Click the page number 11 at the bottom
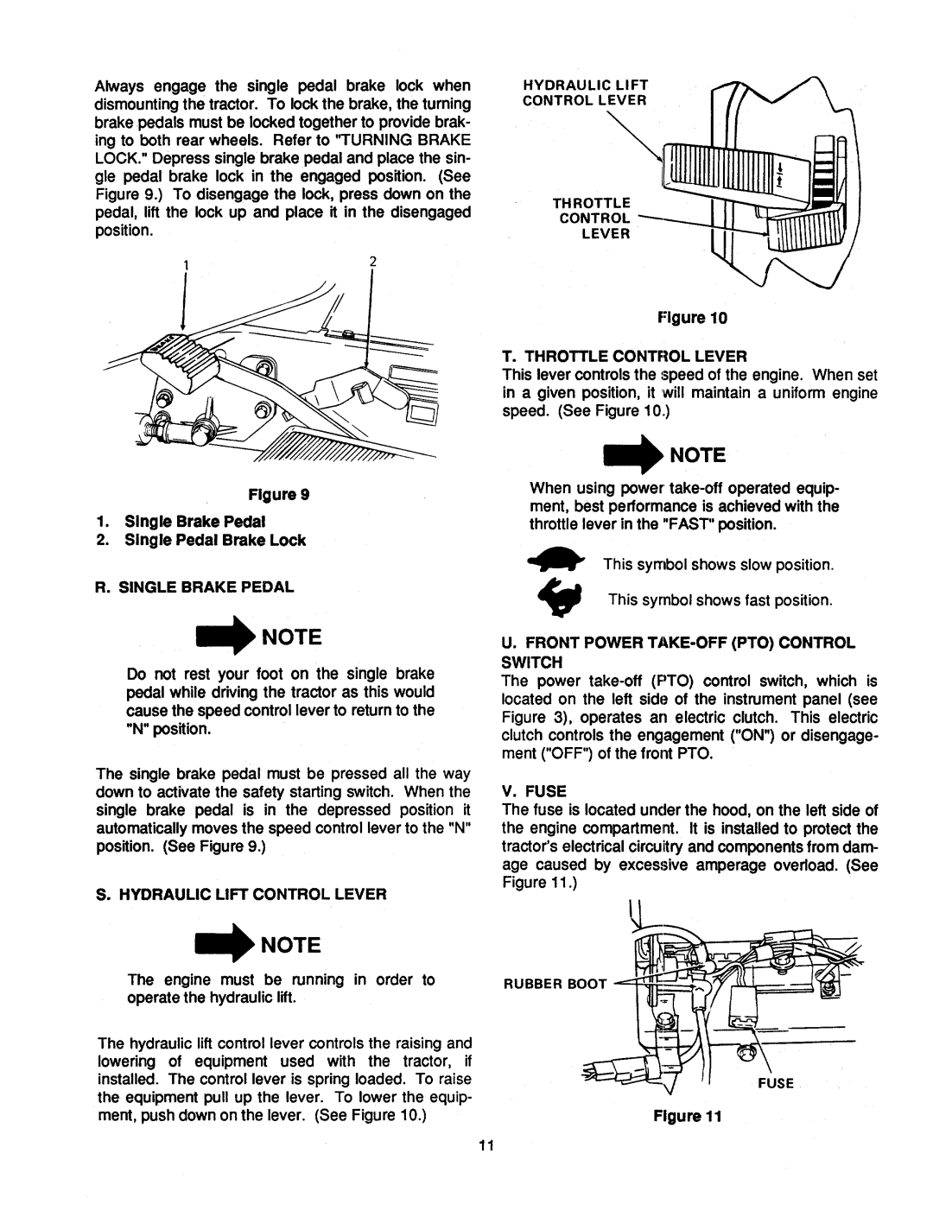pyautogui.click(x=485, y=1146)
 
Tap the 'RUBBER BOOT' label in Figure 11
pyautogui.click(x=559, y=981)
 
